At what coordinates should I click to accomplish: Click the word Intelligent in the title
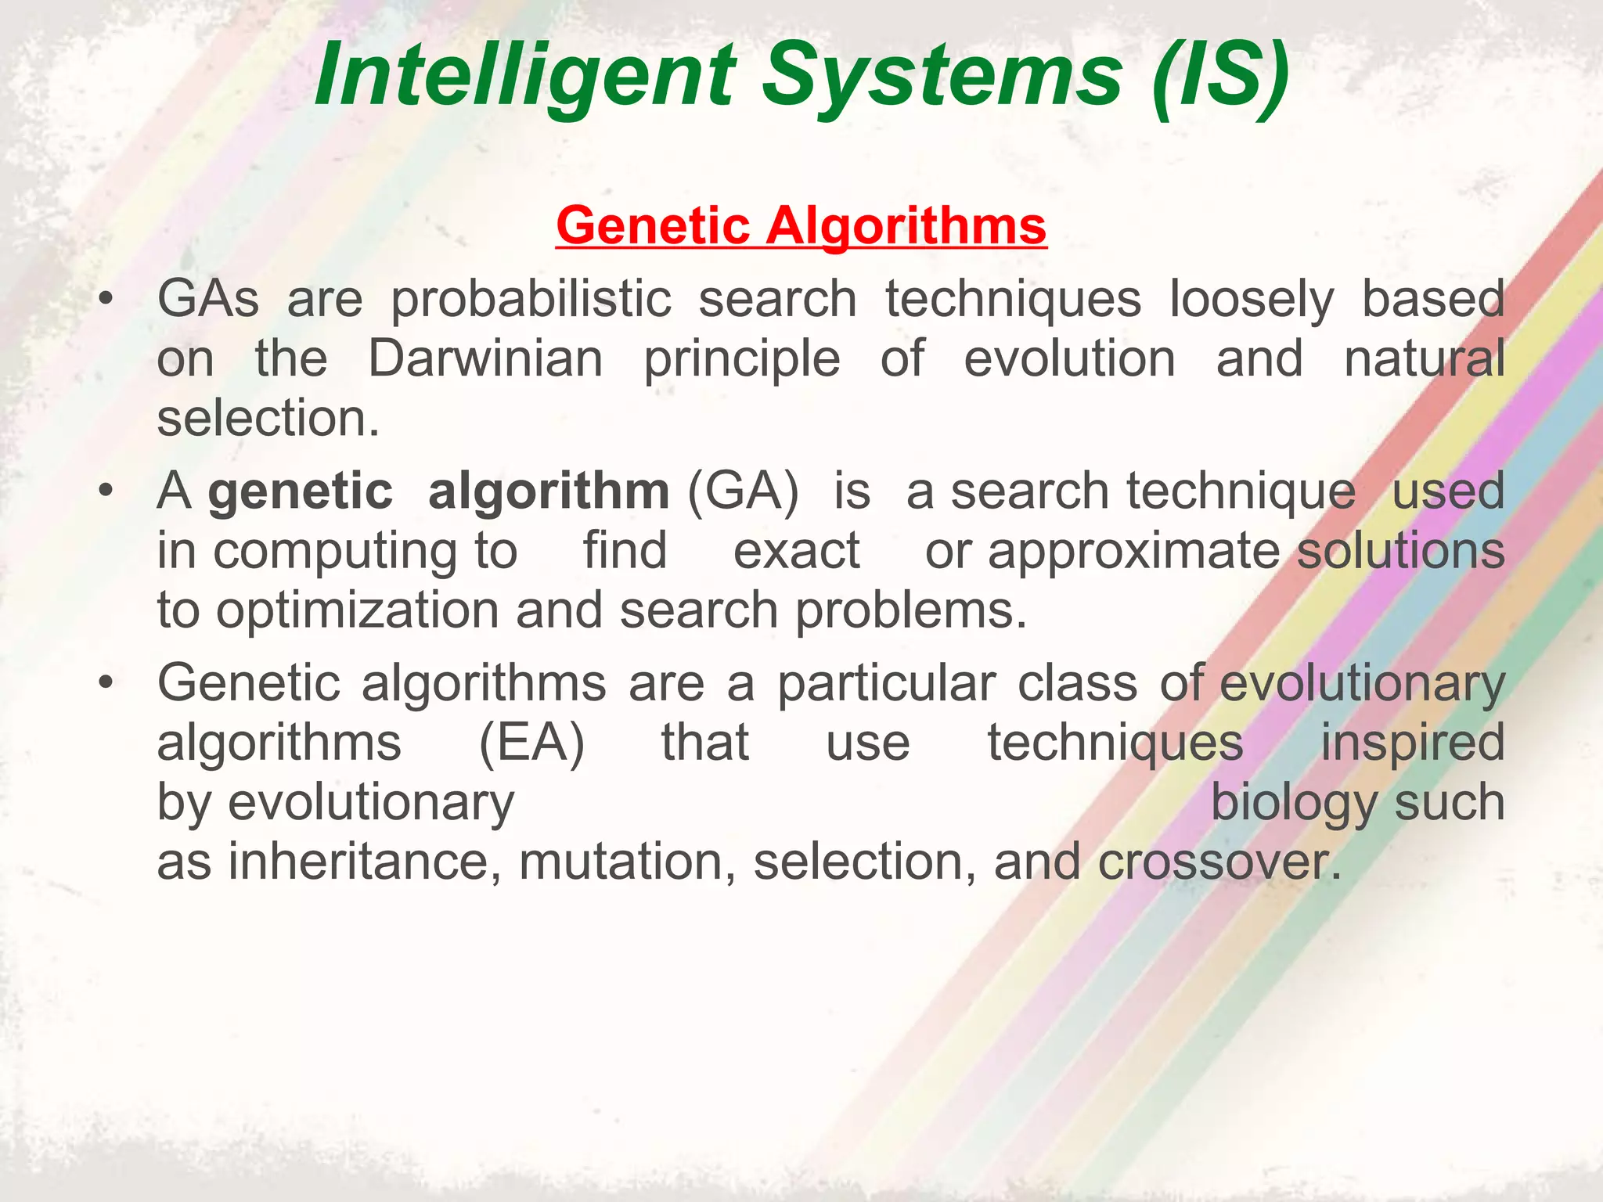pos(524,76)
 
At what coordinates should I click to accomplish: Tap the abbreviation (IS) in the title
pos(1220,76)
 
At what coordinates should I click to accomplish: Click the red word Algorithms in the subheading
pos(906,225)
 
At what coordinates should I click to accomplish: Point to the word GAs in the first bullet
pos(208,299)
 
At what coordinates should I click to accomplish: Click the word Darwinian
pos(485,358)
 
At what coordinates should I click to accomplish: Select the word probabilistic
pos(531,299)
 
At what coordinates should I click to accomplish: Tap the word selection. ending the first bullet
pos(268,418)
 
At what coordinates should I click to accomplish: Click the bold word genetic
pos(301,491)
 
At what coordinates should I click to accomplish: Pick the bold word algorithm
pos(549,491)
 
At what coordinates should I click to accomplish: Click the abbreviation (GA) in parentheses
pos(743,491)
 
